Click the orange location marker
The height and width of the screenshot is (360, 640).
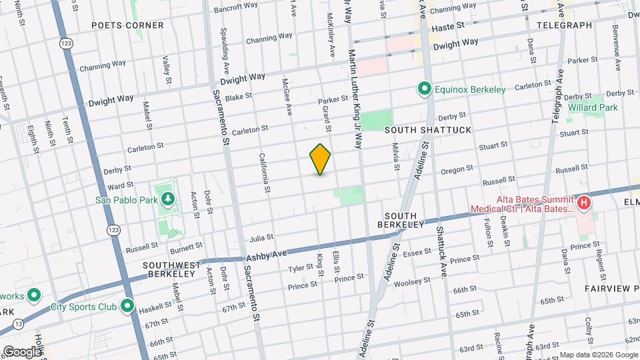[x=321, y=159]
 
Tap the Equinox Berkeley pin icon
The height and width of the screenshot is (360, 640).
[x=423, y=89]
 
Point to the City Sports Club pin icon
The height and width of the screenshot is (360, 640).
[x=127, y=307]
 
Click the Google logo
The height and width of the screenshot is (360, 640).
[x=22, y=352]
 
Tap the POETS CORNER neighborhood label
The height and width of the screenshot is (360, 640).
[x=127, y=25]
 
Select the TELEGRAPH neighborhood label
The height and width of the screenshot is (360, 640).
[x=564, y=25]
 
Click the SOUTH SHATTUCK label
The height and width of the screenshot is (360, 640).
[x=419, y=130]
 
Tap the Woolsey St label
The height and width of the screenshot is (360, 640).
[x=407, y=283]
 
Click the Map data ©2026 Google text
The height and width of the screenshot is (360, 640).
[x=599, y=354]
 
